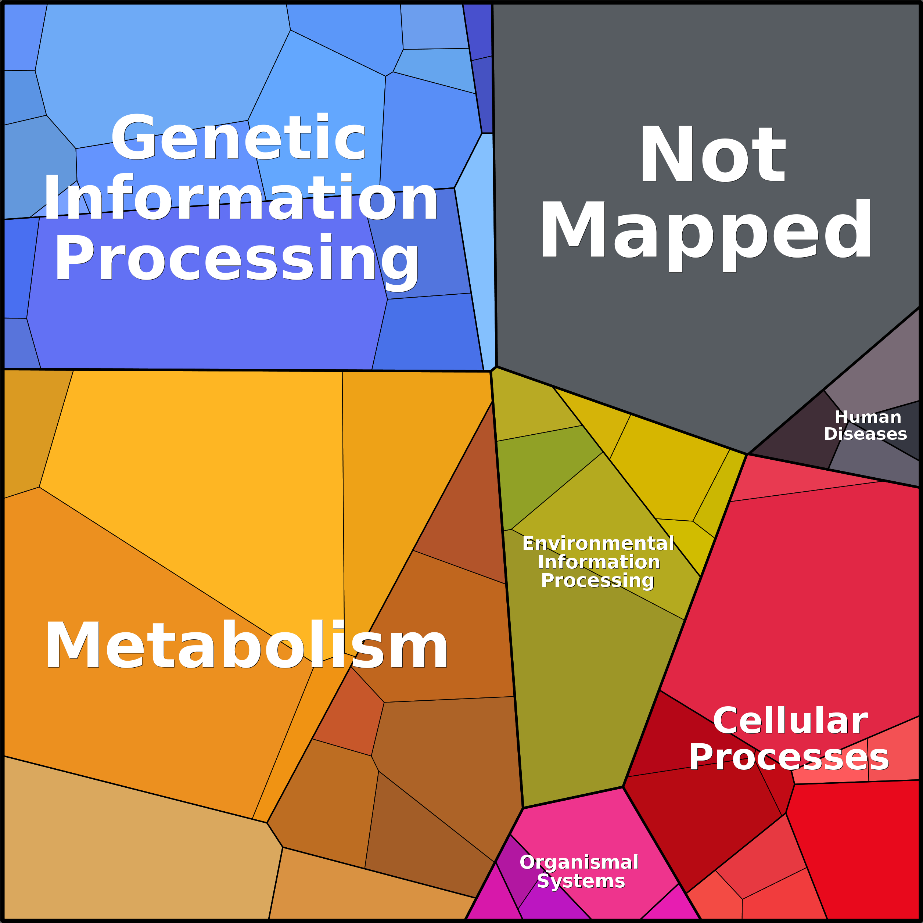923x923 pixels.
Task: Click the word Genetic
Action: (x=239, y=137)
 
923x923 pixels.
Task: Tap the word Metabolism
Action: (x=247, y=644)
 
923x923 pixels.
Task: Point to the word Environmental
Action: (x=598, y=543)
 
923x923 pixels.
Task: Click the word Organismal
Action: (x=579, y=862)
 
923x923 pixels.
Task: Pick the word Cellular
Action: (x=790, y=721)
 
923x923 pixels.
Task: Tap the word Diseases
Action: (x=865, y=434)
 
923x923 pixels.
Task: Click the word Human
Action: (x=868, y=417)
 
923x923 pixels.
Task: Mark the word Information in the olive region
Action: (x=599, y=562)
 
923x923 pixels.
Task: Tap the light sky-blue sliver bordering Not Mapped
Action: (x=482, y=248)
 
